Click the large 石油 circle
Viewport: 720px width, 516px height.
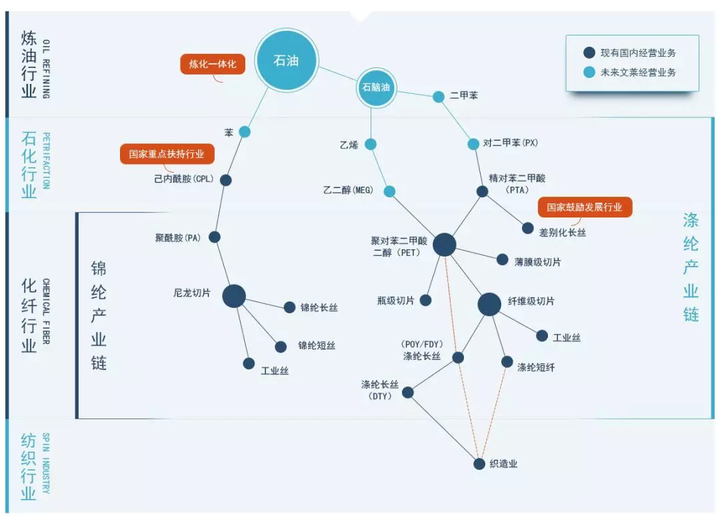coord(286,60)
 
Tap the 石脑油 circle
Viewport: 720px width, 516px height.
coord(376,87)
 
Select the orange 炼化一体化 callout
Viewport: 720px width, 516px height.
coord(213,64)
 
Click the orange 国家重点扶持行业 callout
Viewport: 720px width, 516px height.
coord(167,154)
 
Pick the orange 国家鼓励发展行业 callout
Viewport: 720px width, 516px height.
coord(585,207)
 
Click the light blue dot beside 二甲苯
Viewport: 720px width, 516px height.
coord(439,97)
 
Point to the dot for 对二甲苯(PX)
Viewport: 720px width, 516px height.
coord(473,144)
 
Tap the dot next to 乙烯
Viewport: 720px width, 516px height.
coord(371,145)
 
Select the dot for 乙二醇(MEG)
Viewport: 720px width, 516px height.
coord(389,191)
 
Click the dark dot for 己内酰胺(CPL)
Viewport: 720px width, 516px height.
coord(225,180)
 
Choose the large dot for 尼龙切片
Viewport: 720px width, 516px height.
coord(234,296)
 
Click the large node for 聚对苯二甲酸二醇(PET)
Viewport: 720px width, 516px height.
coord(445,244)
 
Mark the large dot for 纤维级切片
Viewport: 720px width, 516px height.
coord(489,304)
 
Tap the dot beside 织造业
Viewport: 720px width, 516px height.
coord(479,463)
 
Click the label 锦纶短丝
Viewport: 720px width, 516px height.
coord(317,345)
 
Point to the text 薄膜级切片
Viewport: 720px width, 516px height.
coord(537,262)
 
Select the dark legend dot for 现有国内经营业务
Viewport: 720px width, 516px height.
coord(589,53)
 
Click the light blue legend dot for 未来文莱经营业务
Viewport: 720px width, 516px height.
coord(589,72)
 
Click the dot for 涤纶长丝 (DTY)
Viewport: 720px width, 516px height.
coord(408,393)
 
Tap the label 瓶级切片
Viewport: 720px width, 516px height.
coord(396,301)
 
